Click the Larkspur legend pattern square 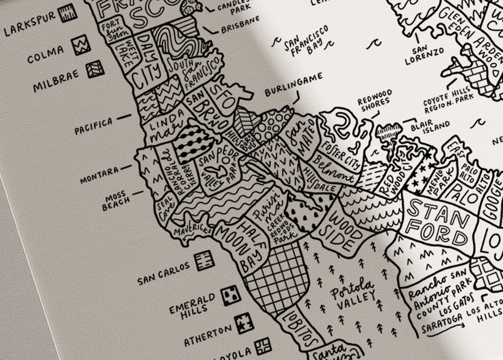tap(67, 13)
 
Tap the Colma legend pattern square tap(81, 44)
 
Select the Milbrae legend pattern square tap(95, 69)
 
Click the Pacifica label tap(93, 125)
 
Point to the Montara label tap(99, 176)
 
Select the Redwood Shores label tap(375, 100)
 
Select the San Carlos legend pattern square tap(204, 260)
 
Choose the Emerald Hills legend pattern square tap(230, 296)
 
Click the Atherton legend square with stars tap(244, 323)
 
